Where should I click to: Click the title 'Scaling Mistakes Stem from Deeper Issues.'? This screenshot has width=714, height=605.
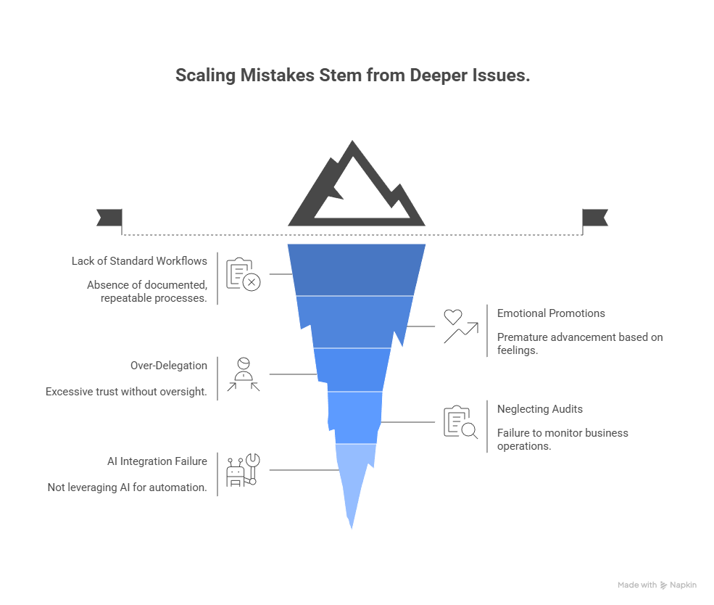352,75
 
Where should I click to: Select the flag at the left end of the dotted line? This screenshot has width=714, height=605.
109,217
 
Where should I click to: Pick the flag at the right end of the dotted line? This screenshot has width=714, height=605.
595,217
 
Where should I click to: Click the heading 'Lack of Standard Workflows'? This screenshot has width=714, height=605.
139,261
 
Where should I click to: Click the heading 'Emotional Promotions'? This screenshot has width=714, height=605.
551,313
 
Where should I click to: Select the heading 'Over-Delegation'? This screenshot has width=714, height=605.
169,366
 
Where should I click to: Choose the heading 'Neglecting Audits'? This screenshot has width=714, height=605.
540,409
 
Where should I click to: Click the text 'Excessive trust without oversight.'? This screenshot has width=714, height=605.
126,392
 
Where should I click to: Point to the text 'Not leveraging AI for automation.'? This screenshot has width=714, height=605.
127,487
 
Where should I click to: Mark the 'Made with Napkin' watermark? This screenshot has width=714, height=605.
657,585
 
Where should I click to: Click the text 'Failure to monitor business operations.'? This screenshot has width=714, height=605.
562,440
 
